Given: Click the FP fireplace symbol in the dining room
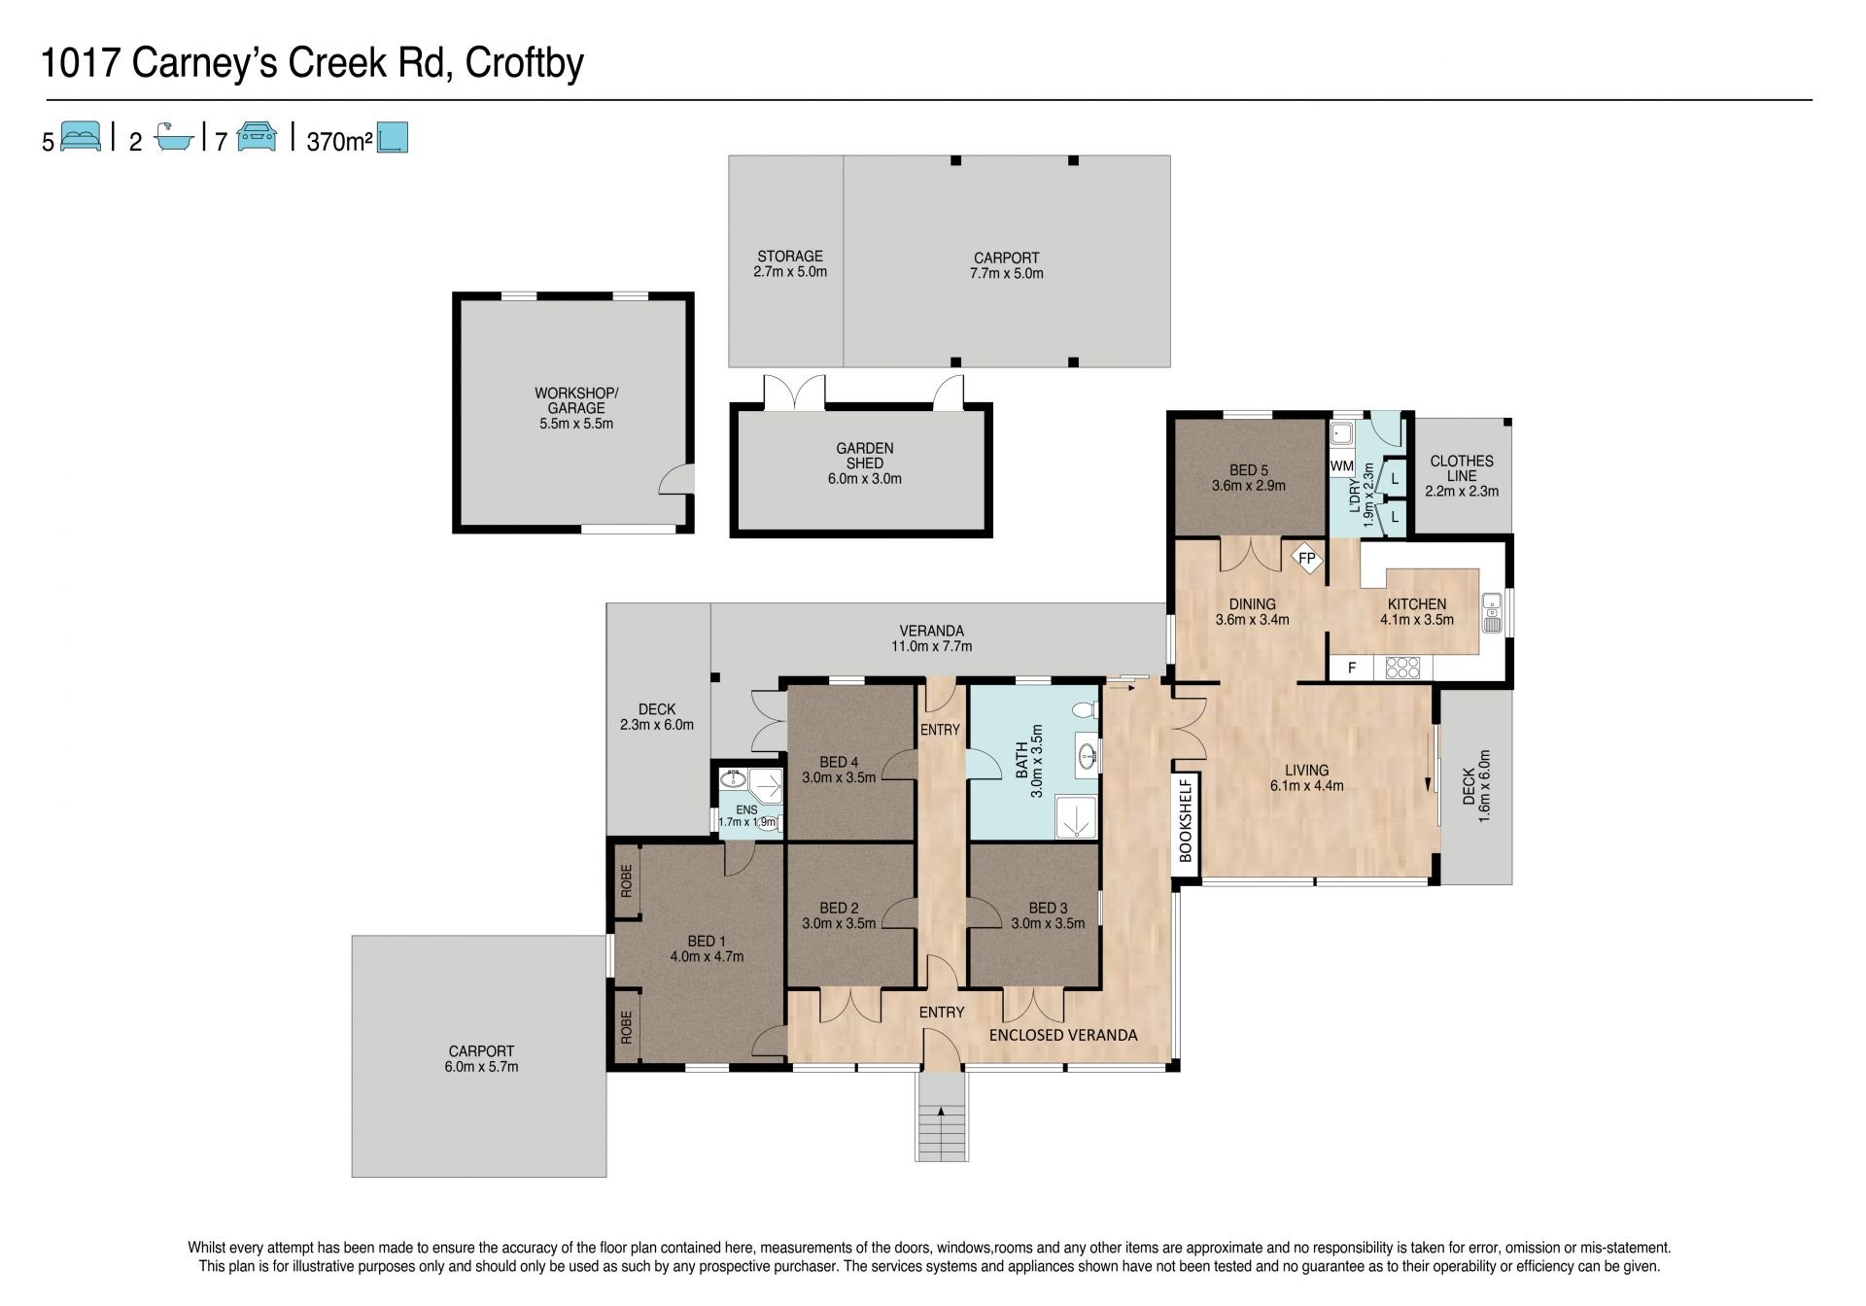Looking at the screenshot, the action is tap(1307, 559).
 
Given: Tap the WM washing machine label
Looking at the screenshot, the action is tap(1342, 465).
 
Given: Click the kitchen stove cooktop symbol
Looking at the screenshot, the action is tap(1401, 668).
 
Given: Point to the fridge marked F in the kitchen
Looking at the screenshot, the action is tap(1352, 669).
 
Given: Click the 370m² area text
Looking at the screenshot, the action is tap(340, 142).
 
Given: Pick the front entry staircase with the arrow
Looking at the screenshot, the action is tap(942, 1117).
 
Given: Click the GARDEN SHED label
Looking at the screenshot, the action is tap(865, 456).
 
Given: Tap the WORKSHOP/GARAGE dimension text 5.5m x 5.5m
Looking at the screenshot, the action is tap(576, 424).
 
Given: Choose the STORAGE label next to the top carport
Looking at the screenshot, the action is tap(790, 257).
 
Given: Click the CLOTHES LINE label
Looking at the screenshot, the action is tap(1462, 468).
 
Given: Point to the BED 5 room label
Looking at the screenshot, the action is tap(1249, 469).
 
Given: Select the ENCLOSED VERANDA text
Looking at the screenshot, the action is tap(1063, 1035).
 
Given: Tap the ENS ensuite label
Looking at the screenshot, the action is tap(746, 809).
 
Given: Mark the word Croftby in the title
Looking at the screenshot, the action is tap(525, 64).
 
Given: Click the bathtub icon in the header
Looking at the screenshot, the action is tap(175, 137).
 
